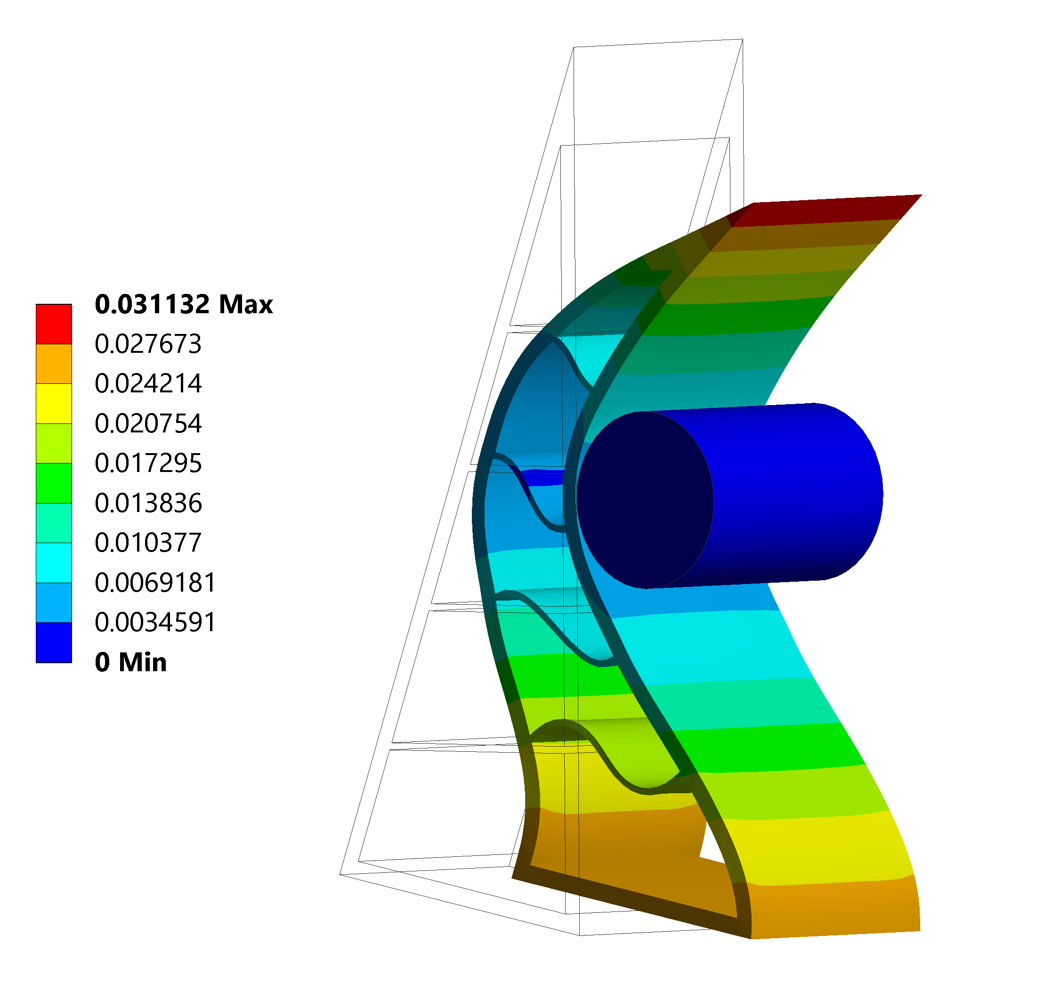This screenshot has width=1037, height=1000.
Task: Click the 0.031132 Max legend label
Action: (x=184, y=304)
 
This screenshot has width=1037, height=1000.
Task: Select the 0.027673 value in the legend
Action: (x=148, y=344)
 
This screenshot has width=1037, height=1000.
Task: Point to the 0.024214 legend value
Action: (x=148, y=383)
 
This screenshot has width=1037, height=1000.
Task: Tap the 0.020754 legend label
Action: (x=148, y=423)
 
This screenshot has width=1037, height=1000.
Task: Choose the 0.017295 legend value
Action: (x=148, y=463)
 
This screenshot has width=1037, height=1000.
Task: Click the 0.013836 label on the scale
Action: (x=148, y=503)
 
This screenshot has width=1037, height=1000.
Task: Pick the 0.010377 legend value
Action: (x=148, y=542)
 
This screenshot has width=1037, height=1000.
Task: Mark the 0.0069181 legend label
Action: (x=155, y=583)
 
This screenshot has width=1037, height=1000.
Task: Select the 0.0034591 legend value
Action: (x=155, y=622)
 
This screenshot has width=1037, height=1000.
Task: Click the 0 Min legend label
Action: (x=130, y=662)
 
